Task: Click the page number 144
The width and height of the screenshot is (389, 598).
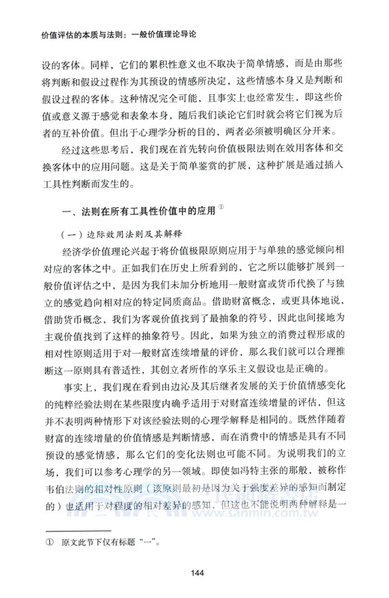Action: click(194, 573)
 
